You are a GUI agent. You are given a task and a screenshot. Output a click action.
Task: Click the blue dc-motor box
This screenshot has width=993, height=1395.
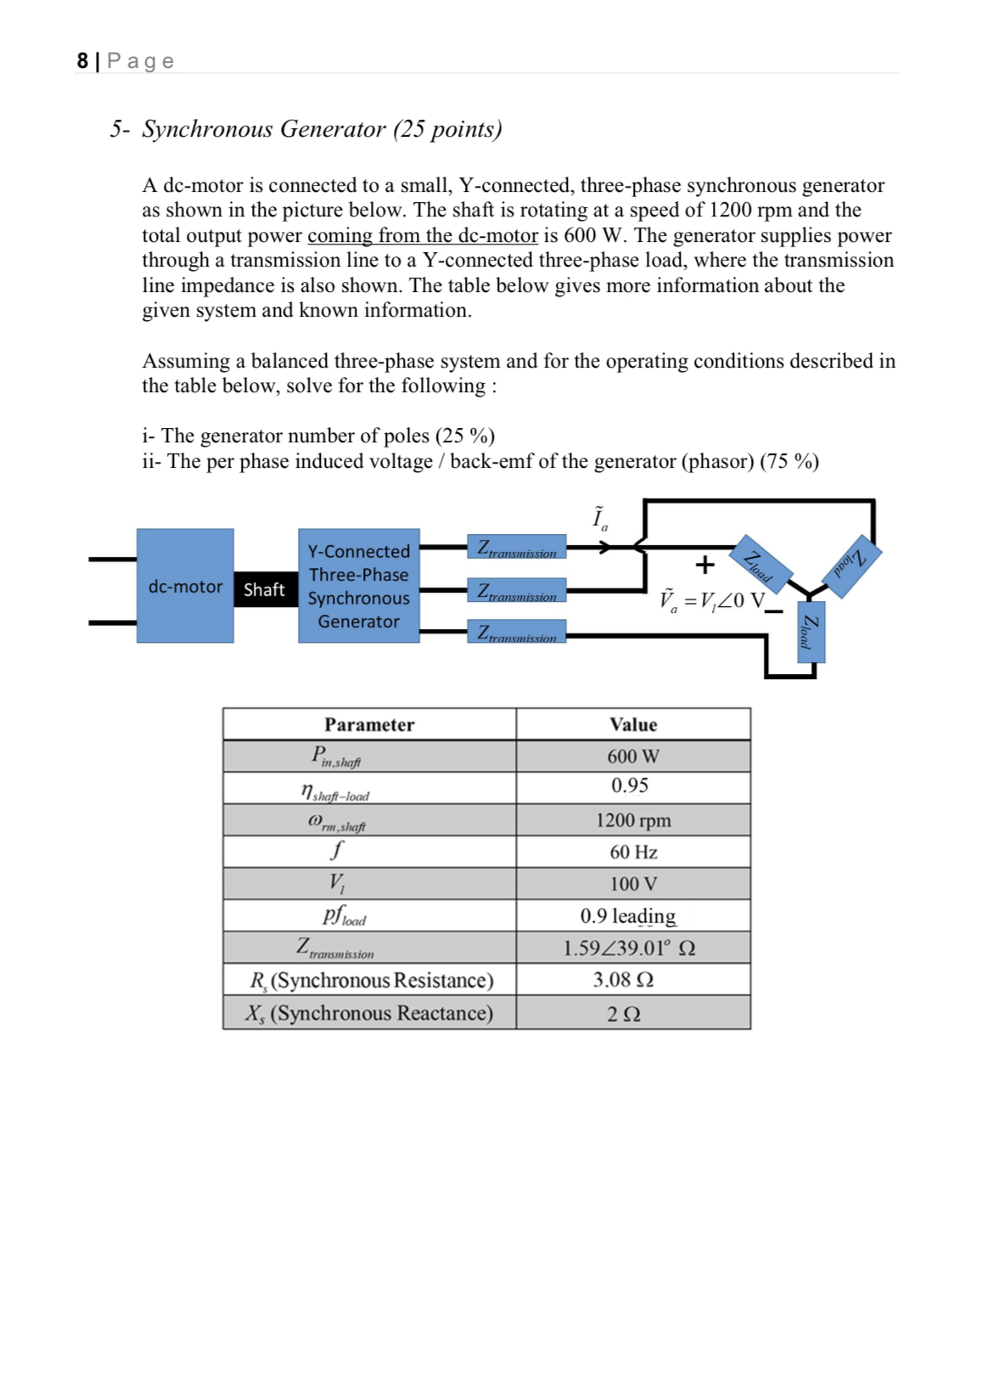tap(185, 586)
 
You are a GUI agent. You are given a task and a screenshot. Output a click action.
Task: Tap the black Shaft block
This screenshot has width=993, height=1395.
tap(265, 589)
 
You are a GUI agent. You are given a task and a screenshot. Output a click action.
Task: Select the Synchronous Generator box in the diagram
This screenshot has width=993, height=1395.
tap(358, 586)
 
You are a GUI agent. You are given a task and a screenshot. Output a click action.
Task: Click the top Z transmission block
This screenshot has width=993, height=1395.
tap(516, 548)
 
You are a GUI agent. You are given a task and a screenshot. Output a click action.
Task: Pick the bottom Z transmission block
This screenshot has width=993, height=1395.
tap(516, 632)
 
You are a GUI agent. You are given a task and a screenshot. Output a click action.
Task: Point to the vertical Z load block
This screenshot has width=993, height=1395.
tap(811, 632)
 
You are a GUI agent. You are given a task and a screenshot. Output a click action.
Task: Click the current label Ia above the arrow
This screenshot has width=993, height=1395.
tap(600, 518)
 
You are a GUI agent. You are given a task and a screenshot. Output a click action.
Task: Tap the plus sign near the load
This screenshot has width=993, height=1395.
tap(704, 565)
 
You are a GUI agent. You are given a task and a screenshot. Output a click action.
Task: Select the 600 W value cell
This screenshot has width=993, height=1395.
tap(633, 756)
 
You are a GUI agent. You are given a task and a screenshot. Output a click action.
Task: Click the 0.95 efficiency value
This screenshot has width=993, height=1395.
tap(630, 786)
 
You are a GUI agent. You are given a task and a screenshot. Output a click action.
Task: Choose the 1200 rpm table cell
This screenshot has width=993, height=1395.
tap(633, 820)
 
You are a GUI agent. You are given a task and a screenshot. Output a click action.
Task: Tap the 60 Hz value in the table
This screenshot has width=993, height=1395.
tap(633, 852)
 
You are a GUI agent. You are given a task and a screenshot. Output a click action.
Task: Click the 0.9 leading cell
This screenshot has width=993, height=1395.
tap(628, 916)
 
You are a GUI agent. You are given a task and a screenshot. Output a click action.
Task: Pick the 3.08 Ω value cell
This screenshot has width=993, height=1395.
tap(623, 980)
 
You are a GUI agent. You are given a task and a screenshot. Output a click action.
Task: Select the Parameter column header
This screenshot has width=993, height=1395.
tap(369, 724)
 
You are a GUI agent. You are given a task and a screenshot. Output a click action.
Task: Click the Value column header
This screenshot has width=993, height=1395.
tap(633, 724)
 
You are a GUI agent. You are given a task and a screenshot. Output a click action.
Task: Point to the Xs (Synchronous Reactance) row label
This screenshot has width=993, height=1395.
tap(369, 1013)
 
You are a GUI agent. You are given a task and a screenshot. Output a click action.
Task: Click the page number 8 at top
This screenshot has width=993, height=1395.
tap(82, 61)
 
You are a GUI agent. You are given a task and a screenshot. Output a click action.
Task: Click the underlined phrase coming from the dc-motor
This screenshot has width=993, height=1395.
tap(422, 235)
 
